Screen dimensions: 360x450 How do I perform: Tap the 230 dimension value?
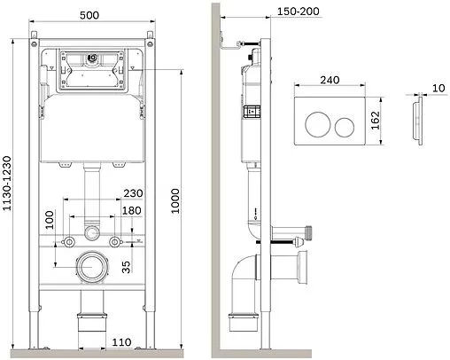click(133, 194)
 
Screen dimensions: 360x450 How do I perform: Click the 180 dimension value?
click(131, 211)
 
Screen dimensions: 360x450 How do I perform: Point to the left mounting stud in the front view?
click(64, 242)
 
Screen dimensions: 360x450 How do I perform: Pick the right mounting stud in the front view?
click(115, 242)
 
